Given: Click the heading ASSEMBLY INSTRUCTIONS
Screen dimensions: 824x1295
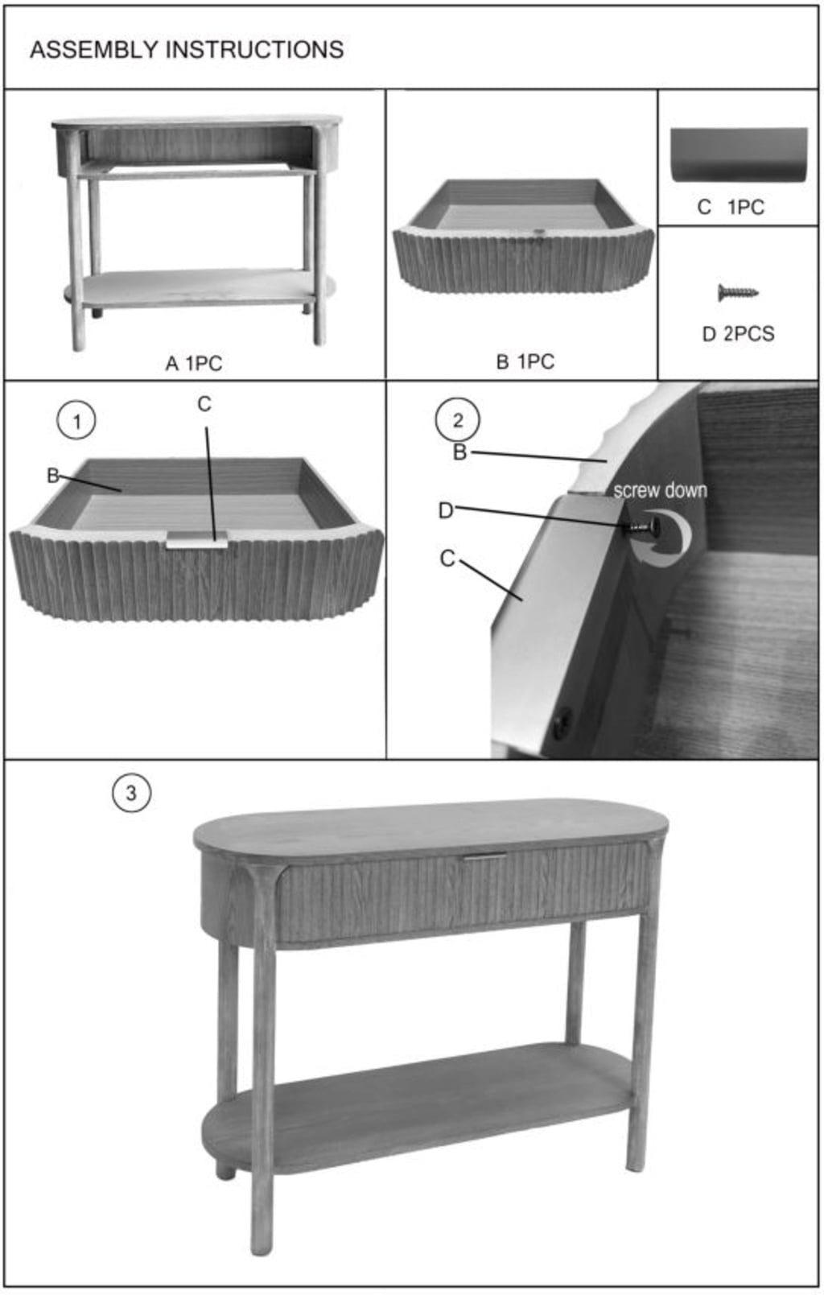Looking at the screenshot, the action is click(x=187, y=50).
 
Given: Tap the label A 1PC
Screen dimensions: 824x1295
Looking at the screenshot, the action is click(x=194, y=363).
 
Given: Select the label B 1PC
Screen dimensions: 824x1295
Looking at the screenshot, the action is click(x=525, y=361).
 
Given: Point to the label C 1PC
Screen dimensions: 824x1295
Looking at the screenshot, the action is click(x=731, y=207).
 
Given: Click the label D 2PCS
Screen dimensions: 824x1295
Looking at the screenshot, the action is click(x=738, y=333).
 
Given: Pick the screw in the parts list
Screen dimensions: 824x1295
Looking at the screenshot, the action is click(x=738, y=292).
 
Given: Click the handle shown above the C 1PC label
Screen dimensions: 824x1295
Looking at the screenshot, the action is click(x=739, y=155).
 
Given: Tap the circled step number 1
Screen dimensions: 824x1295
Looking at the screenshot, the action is click(x=76, y=420).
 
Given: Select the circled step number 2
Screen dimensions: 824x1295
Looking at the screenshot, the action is click(x=457, y=420).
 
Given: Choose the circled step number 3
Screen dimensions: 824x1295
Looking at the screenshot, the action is click(x=131, y=793).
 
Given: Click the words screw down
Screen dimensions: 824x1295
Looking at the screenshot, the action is click(x=660, y=490).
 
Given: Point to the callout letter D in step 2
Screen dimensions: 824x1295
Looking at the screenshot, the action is click(x=446, y=510).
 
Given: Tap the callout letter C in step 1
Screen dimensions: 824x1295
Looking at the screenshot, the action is click(x=204, y=404).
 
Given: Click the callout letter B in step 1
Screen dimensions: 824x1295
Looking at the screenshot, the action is click(x=52, y=475).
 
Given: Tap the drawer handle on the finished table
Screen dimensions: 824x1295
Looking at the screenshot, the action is click(x=484, y=856).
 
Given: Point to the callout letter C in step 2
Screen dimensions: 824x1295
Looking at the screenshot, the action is click(x=447, y=559).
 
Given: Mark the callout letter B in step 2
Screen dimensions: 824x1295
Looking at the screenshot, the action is click(x=459, y=452).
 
